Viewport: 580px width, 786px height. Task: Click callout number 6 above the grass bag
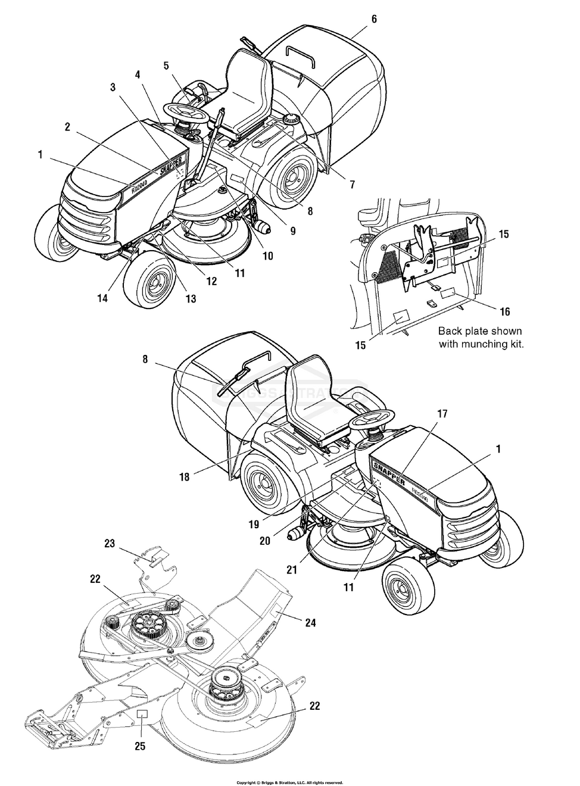click(x=373, y=19)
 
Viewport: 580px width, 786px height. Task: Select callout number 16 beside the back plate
click(x=504, y=311)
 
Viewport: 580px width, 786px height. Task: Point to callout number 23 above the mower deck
click(x=110, y=543)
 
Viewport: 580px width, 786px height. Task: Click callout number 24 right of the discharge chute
click(x=310, y=623)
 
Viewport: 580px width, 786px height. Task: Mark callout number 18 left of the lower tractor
click(x=185, y=476)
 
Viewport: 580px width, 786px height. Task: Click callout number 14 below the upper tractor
click(x=103, y=298)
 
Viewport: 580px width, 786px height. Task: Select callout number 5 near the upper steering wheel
click(x=167, y=65)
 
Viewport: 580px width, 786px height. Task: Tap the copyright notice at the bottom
click(x=289, y=782)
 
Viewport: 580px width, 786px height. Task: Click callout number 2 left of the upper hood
click(x=67, y=126)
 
